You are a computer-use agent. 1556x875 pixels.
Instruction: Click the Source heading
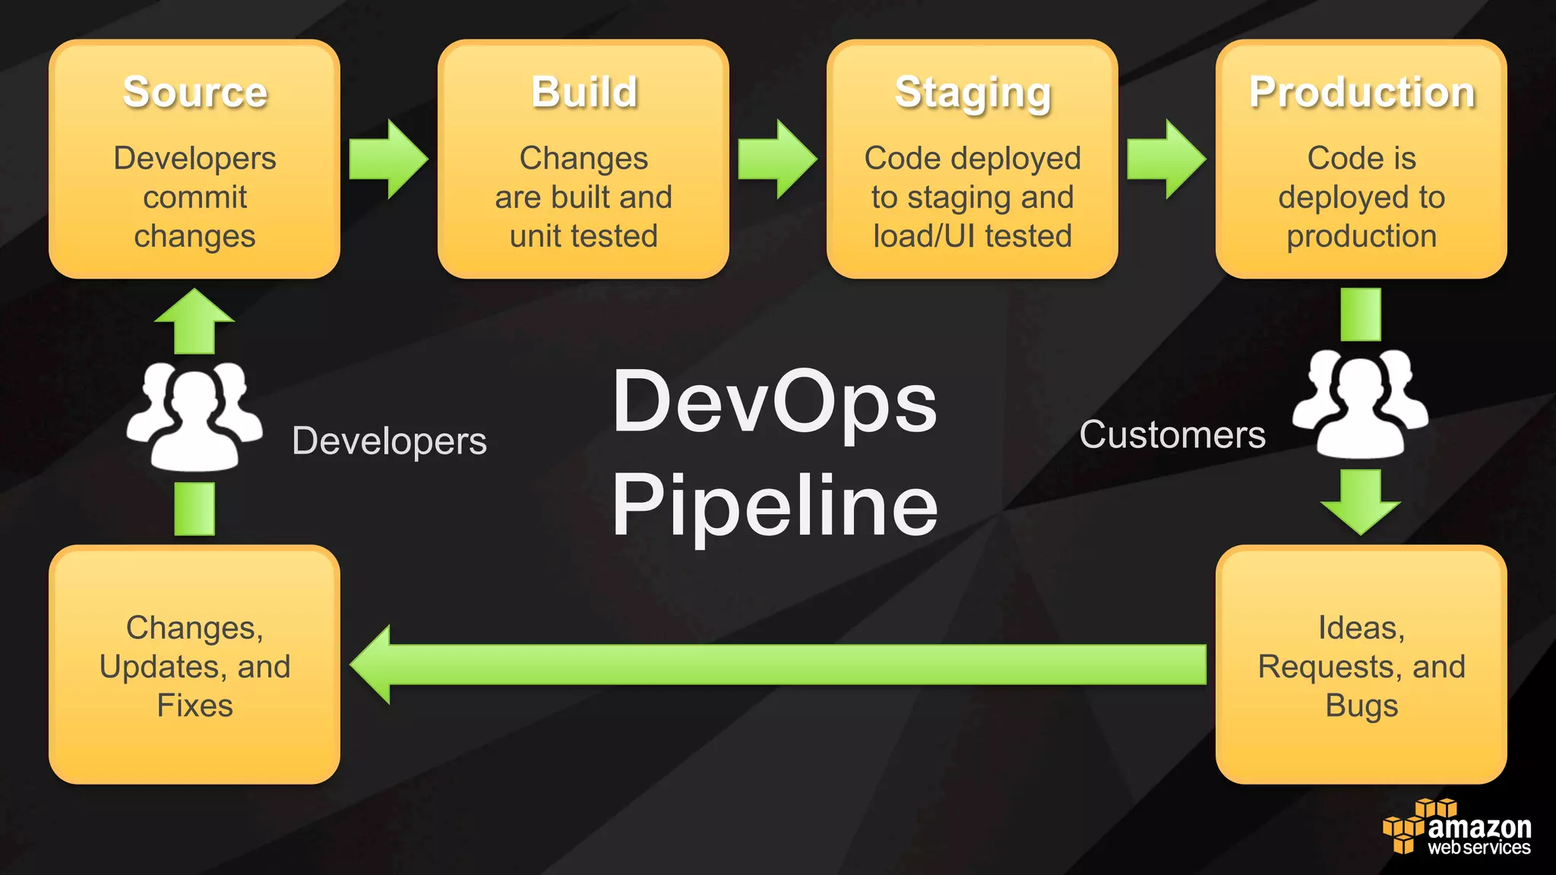pyautogui.click(x=195, y=93)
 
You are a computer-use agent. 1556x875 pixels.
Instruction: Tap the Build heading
pyautogui.click(x=583, y=93)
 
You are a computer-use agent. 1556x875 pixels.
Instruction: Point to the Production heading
pyautogui.click(x=1361, y=93)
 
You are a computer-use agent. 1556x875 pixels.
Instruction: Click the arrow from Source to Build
pyautogui.click(x=388, y=160)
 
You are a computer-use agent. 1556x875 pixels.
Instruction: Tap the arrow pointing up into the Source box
pyautogui.click(x=194, y=321)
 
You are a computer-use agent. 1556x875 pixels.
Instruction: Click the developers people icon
pyautogui.click(x=194, y=416)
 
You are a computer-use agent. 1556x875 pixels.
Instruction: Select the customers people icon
pyautogui.click(x=1360, y=404)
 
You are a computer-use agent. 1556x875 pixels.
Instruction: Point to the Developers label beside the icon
pyautogui.click(x=389, y=441)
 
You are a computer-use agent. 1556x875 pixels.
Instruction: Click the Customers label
pyautogui.click(x=1172, y=435)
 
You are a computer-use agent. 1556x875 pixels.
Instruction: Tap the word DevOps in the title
pyautogui.click(x=774, y=403)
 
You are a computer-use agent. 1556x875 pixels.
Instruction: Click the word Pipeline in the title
pyautogui.click(x=774, y=505)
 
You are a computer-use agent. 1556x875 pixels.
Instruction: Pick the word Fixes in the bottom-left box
pyautogui.click(x=195, y=706)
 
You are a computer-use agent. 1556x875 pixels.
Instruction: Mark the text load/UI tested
pyautogui.click(x=972, y=236)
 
